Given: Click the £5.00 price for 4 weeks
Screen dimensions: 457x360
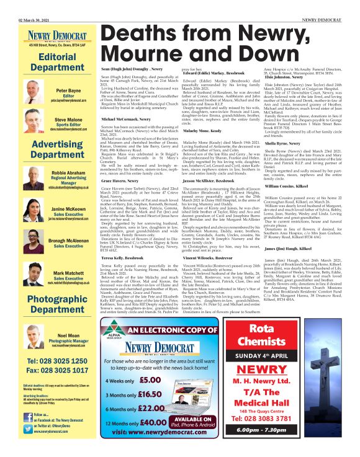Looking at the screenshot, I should pyautogui.click(x=150, y=380).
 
